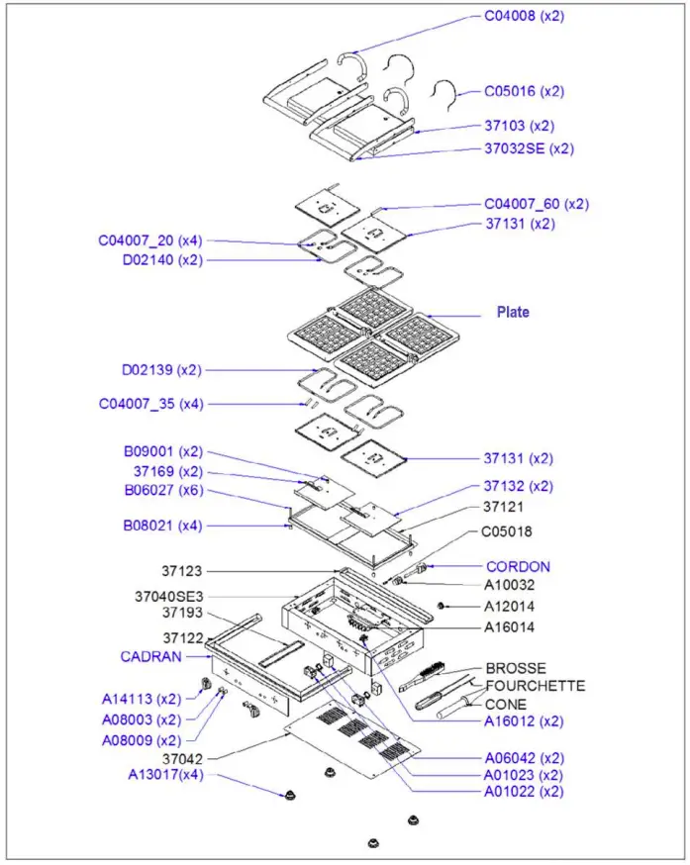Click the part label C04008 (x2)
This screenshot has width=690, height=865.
click(x=524, y=16)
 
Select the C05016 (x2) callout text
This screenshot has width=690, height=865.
click(x=524, y=91)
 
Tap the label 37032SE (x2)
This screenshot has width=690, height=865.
click(x=529, y=148)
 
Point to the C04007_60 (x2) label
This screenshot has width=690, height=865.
click(x=536, y=204)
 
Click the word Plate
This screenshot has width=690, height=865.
click(x=513, y=312)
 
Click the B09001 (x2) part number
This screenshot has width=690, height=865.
click(x=162, y=452)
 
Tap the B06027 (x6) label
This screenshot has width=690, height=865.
click(x=162, y=490)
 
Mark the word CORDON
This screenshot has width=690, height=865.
click(x=518, y=567)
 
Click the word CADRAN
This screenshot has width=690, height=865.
click(x=150, y=655)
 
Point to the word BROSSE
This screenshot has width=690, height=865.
click(x=515, y=668)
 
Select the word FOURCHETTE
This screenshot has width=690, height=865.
click(x=535, y=686)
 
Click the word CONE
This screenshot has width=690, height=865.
click(x=506, y=705)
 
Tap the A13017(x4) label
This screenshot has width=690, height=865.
click(x=165, y=775)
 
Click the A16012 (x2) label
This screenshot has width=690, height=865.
click(x=524, y=721)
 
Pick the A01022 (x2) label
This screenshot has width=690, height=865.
click(x=524, y=792)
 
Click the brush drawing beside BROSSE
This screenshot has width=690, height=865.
click(x=422, y=679)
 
